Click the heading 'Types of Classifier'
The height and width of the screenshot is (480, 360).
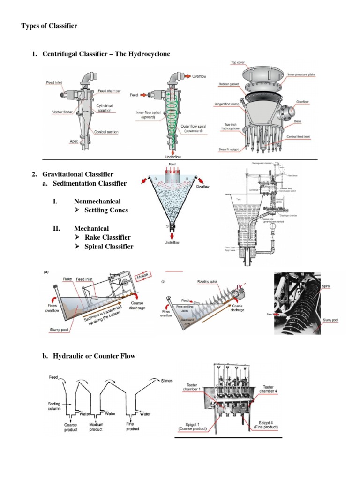point(49,26)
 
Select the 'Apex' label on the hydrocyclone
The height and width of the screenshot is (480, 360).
point(61,140)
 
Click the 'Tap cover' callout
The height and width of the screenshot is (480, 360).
point(240,62)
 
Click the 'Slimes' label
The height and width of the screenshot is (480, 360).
point(170,380)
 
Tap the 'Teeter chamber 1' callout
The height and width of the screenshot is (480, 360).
point(194,388)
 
